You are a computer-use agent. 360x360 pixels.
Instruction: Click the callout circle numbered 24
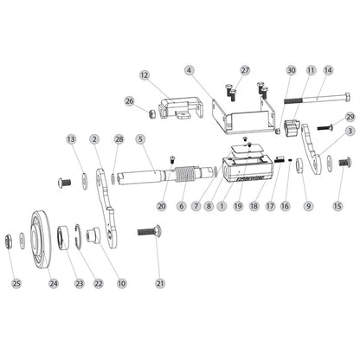(x=53, y=283)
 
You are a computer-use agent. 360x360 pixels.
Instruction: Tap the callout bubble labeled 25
(x=16, y=283)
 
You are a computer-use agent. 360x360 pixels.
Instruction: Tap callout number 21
(x=158, y=283)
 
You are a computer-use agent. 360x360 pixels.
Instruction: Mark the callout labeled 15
(x=338, y=206)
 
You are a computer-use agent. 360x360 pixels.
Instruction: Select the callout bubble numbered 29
(x=350, y=116)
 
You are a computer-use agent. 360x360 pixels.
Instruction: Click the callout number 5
(x=140, y=138)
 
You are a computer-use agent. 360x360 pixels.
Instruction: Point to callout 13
(x=71, y=138)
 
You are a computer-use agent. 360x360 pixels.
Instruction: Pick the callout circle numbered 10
(x=121, y=283)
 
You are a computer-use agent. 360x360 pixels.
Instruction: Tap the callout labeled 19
(x=238, y=207)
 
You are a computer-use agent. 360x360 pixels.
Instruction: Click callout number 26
(x=129, y=101)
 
